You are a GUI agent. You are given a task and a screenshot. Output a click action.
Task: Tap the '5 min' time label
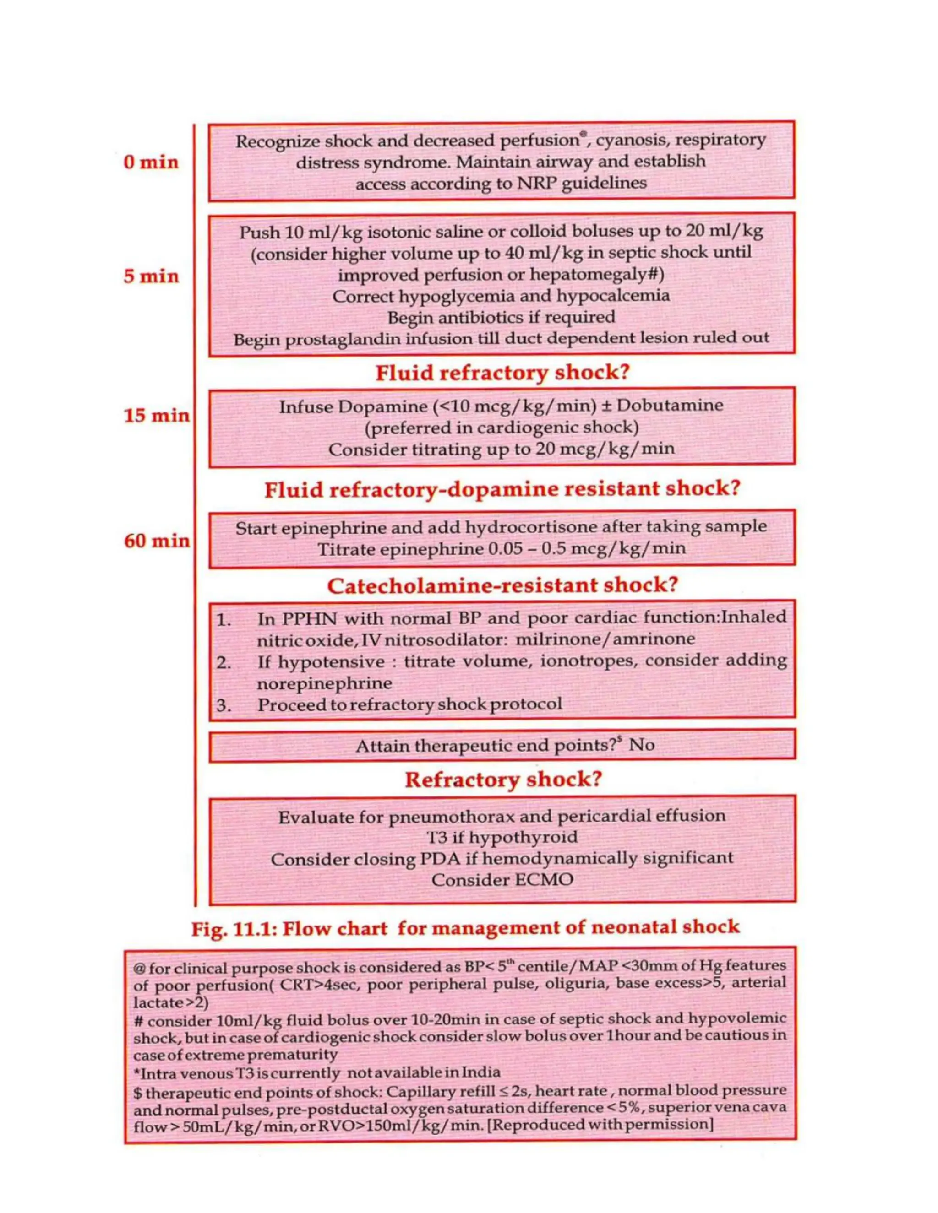coord(151,276)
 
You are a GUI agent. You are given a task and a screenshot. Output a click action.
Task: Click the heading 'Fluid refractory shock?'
coord(502,373)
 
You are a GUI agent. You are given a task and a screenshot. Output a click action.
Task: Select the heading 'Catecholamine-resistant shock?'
coord(502,585)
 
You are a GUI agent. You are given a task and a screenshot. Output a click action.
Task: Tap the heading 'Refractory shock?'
coord(503,779)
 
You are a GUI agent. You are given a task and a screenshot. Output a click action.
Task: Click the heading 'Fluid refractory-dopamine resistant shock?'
coord(502,489)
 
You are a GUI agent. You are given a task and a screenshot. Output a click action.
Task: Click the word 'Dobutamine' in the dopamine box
coord(670,406)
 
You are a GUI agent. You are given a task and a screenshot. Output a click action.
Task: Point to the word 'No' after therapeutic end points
coord(642,745)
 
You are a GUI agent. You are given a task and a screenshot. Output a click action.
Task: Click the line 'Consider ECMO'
coord(502,880)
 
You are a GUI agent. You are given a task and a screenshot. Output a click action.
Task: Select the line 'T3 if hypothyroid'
coord(502,837)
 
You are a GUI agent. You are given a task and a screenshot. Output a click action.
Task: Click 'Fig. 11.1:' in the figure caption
coord(234,929)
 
